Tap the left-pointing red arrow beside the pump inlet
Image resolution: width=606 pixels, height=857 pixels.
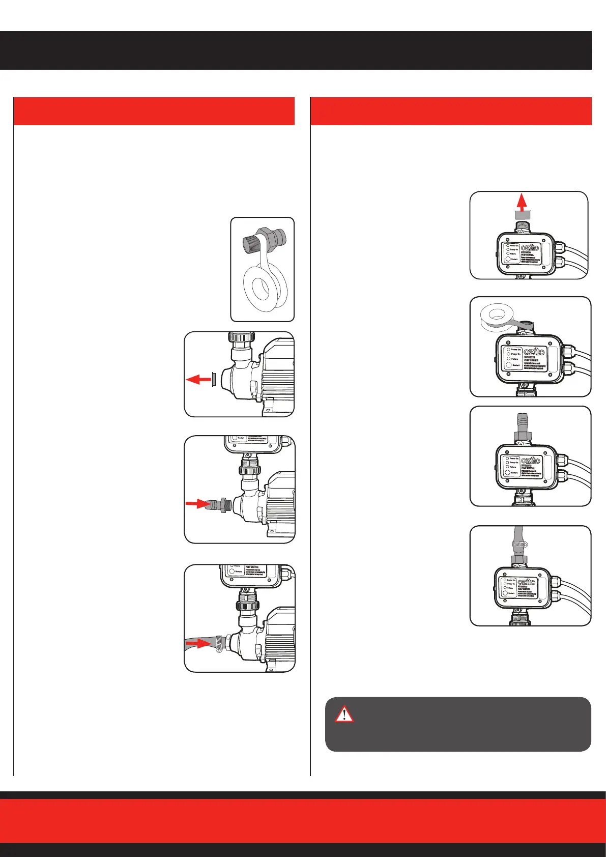197,379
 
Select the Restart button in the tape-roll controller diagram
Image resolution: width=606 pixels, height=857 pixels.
508,365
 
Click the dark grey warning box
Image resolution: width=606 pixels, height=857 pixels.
458,724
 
